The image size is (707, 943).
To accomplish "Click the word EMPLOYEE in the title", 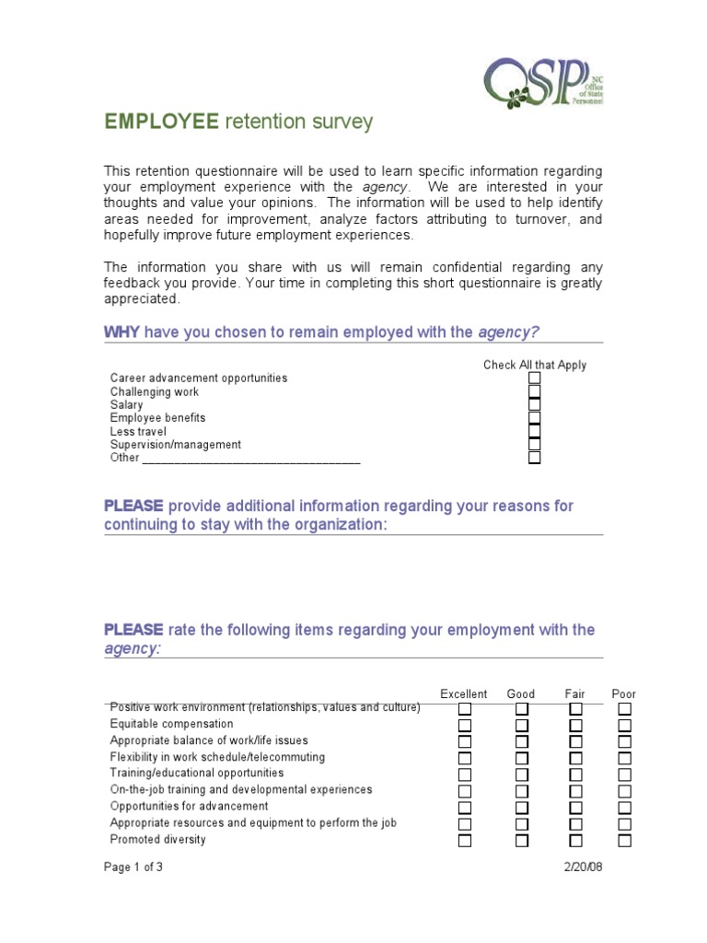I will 162,122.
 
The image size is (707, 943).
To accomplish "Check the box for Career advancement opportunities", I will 535,378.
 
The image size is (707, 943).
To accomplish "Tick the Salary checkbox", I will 535,405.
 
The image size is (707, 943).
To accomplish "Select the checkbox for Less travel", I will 535,431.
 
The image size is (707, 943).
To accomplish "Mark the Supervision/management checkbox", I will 535,445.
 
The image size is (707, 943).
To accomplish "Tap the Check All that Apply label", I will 535,365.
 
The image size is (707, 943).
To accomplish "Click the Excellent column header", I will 464,693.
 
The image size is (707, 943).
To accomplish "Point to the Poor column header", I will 623,693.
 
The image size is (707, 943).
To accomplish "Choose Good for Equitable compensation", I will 522,725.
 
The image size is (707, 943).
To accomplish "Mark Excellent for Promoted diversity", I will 465,841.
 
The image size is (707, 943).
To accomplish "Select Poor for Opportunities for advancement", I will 624,808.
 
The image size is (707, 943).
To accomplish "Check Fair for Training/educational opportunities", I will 575,774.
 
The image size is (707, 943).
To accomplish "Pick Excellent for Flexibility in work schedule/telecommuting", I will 465,758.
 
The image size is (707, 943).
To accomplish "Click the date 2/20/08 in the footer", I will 583,867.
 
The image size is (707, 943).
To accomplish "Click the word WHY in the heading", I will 122,332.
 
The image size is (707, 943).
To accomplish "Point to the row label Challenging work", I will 155,392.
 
